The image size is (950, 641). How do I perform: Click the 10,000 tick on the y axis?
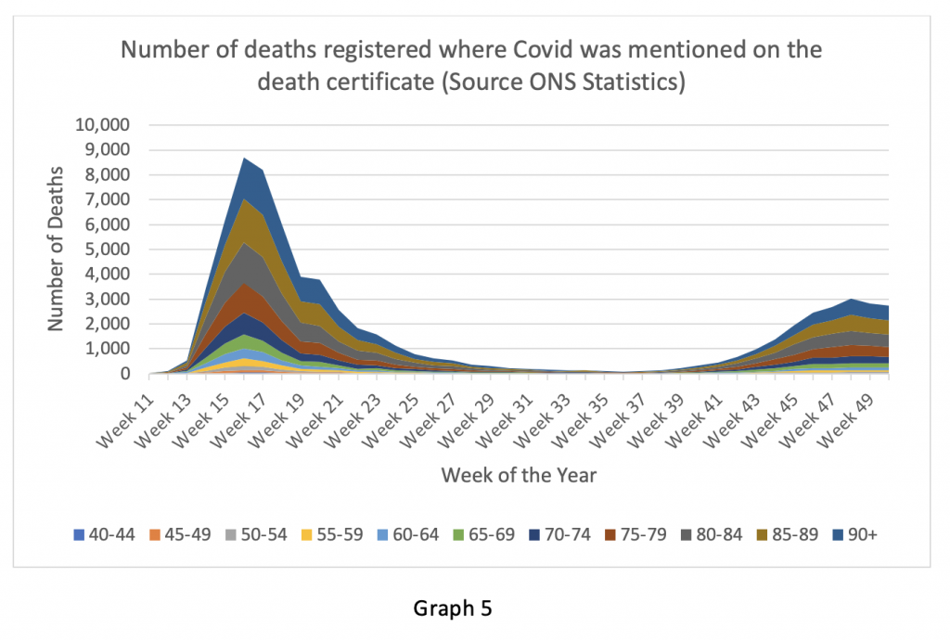click(105, 125)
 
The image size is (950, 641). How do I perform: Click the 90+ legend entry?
click(862, 534)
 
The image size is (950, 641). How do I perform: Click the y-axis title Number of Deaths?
click(58, 249)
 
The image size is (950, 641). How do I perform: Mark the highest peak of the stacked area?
click(245, 159)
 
